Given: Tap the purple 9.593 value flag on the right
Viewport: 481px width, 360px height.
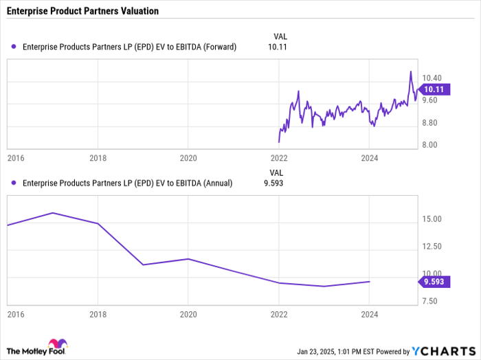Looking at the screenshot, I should [x=432, y=281].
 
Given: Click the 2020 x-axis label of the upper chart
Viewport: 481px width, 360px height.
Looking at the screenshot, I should [x=188, y=158].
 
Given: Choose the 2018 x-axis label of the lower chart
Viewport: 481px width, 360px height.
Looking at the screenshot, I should [x=98, y=313].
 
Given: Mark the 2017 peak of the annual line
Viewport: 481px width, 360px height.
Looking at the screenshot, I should [x=53, y=213].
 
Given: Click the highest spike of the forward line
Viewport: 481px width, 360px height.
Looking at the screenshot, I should [x=410, y=71].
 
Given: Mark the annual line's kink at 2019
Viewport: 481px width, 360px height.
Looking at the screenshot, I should [x=143, y=265].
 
